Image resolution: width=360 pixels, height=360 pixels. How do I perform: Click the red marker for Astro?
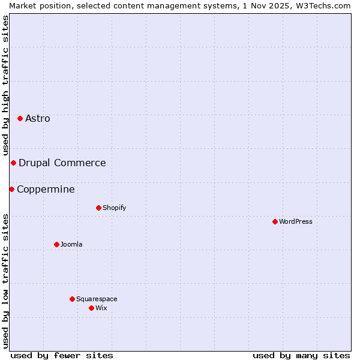(20, 118)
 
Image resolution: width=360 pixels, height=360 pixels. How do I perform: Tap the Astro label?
(38, 118)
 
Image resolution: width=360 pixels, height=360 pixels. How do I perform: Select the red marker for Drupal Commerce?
(13, 163)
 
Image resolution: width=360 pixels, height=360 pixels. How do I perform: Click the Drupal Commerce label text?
(62, 163)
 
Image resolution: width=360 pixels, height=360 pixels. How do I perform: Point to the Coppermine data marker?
(11, 189)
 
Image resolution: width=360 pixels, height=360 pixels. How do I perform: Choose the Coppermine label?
(46, 189)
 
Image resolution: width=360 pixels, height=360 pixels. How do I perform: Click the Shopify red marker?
(98, 208)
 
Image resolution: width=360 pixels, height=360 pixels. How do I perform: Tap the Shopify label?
(114, 208)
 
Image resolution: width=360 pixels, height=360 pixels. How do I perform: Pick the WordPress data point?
(275, 221)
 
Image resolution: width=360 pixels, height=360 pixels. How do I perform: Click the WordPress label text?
(295, 221)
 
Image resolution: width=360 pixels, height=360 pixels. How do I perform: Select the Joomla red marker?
(56, 244)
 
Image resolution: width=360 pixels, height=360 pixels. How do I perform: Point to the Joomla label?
(71, 244)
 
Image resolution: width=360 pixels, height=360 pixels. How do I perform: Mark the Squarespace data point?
(72, 299)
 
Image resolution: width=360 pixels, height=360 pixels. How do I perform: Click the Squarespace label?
(97, 299)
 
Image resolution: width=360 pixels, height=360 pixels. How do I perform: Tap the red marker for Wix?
(91, 308)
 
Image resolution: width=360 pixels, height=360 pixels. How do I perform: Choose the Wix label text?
(101, 308)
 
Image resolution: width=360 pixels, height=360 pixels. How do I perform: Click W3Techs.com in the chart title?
(326, 5)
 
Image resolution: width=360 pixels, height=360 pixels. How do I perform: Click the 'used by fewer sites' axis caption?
(62, 355)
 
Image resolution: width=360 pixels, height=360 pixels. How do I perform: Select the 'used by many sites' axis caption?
(301, 355)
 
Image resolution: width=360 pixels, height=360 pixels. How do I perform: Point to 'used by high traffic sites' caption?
(5, 85)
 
